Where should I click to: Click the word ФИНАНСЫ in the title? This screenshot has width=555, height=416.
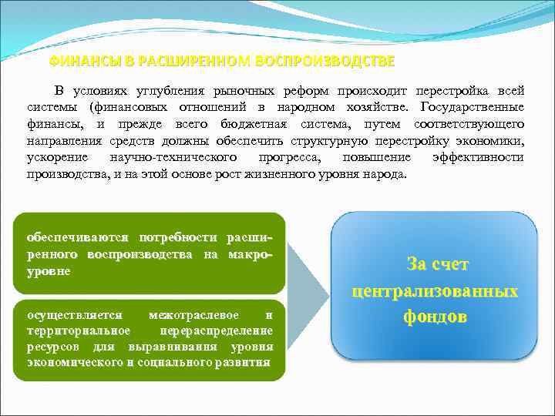click(79, 61)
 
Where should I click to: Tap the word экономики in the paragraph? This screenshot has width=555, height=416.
click(489, 141)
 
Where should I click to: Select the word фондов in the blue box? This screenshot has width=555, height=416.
click(435, 317)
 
